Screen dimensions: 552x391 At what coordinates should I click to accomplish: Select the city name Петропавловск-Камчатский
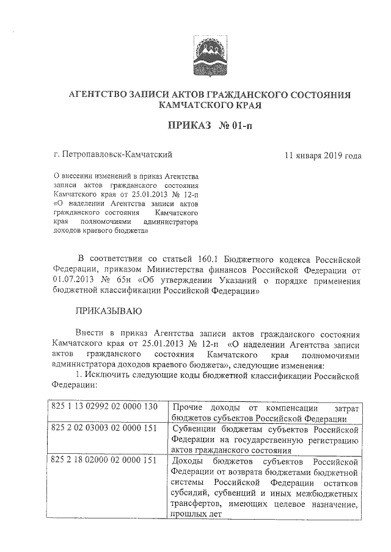coord(117,155)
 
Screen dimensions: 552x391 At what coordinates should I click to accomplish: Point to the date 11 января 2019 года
coord(323,155)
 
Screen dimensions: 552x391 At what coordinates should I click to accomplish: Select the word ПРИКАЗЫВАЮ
coord(108,312)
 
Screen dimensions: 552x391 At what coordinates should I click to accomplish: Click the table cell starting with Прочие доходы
coord(266,412)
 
